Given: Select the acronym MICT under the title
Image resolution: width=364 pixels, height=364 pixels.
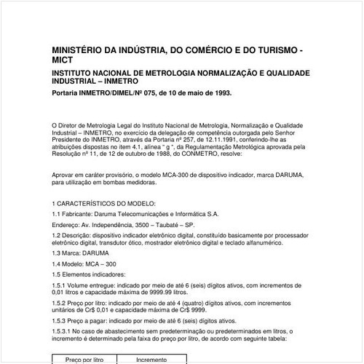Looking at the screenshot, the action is pyautogui.click(x=63, y=62).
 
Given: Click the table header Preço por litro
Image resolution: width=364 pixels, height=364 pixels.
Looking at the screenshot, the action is pyautogui.click(x=84, y=359).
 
